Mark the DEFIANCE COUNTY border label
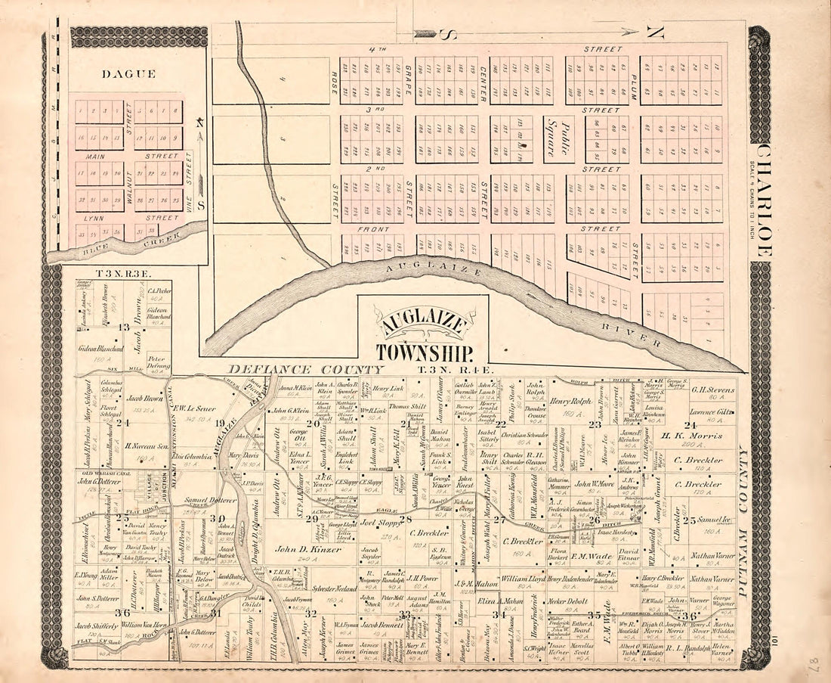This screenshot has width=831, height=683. pyautogui.click(x=306, y=369)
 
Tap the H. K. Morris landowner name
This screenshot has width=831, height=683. pyautogui.click(x=692, y=436)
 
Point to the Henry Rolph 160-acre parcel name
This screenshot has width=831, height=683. pyautogui.click(x=570, y=401)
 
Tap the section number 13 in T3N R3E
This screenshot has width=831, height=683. pyautogui.click(x=125, y=327)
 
